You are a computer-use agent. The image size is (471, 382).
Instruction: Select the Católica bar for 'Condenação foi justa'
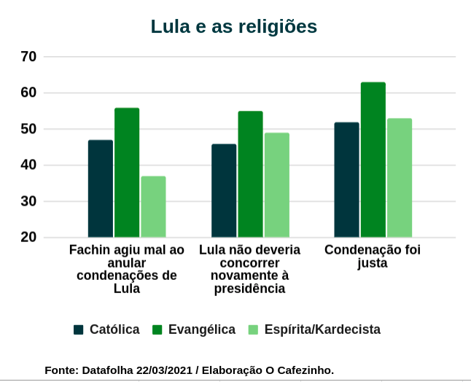pos(346,180)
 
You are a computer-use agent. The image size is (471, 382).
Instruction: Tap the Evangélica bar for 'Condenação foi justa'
pos(373,160)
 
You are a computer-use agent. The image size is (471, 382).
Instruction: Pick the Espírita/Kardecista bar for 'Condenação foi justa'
pos(400,178)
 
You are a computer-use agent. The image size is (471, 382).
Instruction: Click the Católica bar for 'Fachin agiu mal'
pos(101,189)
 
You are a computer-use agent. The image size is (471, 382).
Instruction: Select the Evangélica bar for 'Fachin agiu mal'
pos(127,173)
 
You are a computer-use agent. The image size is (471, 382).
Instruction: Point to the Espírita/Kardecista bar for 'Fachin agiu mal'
pos(153,207)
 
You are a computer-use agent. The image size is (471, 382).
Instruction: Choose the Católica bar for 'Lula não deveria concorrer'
pos(224,191)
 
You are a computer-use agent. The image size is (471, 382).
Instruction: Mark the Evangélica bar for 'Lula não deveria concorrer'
pos(250,174)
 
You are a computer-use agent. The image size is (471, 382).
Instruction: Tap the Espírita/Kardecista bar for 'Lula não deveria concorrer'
pos(276,185)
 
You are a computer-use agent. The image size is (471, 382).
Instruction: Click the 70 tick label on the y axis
pos(29,56)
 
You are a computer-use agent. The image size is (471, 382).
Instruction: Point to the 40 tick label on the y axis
pos(29,165)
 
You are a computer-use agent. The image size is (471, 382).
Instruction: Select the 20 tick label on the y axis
pos(29,238)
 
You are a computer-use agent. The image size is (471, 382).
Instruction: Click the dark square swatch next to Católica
pos(79,330)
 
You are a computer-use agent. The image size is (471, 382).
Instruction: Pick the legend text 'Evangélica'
pos(202,330)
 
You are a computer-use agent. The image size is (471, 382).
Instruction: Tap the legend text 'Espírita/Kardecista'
pos(322,330)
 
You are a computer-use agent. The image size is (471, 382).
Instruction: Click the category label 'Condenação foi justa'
pos(373,257)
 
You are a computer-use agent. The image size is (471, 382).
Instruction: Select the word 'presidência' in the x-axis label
pos(249,289)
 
